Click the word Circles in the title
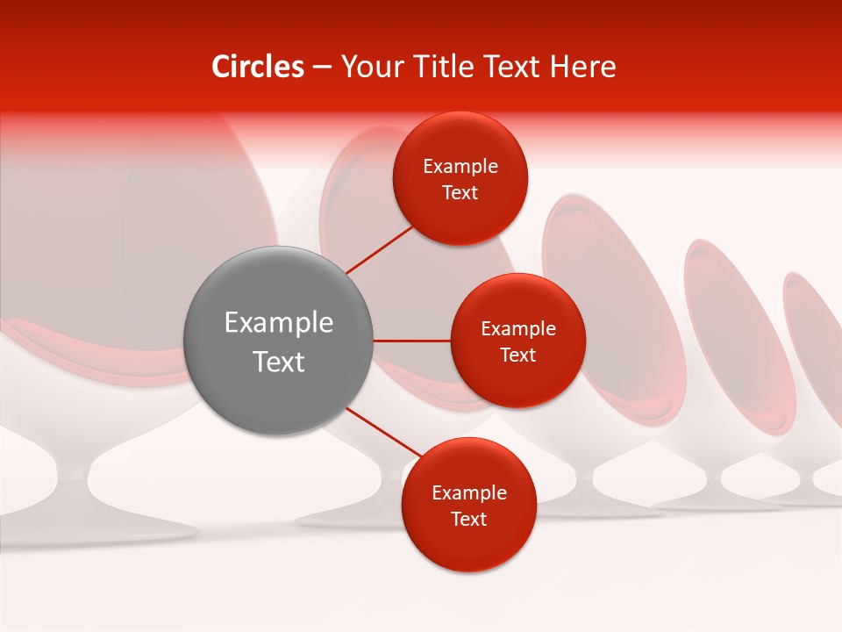click(x=258, y=67)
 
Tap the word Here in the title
click(x=582, y=67)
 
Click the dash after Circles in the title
click(x=322, y=68)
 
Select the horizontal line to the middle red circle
click(x=411, y=341)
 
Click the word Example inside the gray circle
click(x=279, y=323)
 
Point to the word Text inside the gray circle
click(x=279, y=362)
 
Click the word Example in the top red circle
click(x=460, y=167)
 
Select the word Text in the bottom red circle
click(x=468, y=519)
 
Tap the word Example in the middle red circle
click(x=518, y=329)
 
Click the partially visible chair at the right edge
click(x=816, y=369)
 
